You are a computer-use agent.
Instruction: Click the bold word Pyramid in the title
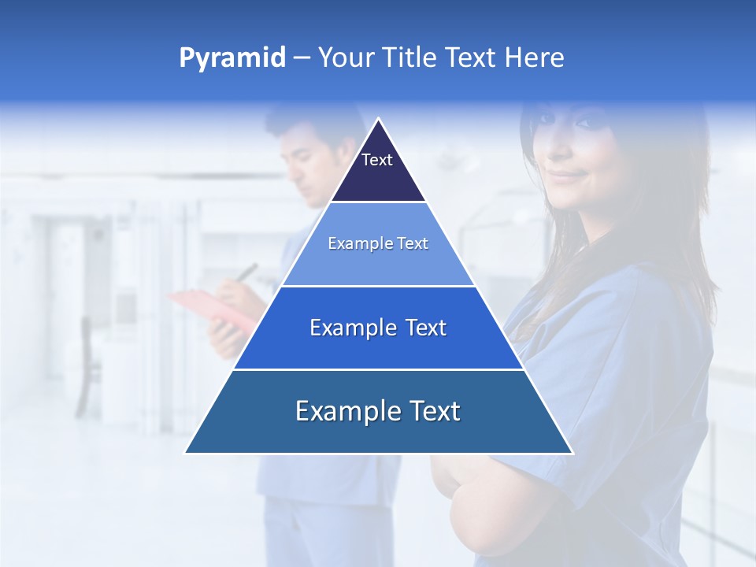232,58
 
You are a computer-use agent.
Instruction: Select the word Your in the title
345,58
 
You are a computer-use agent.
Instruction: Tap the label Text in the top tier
376,160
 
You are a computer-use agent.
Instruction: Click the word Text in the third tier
426,328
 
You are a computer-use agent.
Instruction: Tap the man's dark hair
303,126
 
